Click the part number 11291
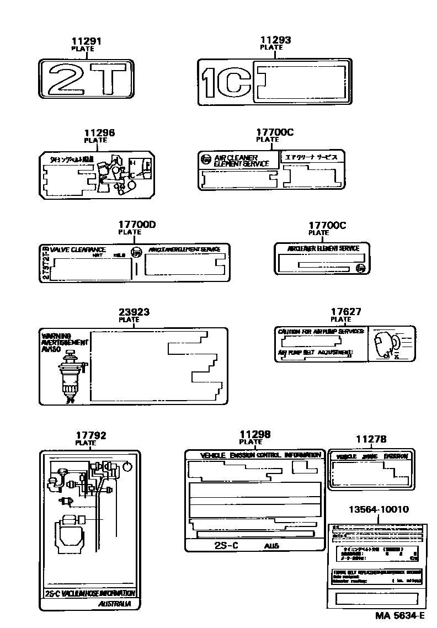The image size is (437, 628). click(87, 41)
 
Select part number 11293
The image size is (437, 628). click(275, 40)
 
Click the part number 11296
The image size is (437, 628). click(99, 133)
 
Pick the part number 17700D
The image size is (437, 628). click(137, 225)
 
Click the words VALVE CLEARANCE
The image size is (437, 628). click(78, 250)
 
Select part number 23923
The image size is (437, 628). click(135, 312)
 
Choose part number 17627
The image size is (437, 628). click(345, 312)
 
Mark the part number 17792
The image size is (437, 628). click(91, 435)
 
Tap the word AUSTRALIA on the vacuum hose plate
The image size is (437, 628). click(115, 604)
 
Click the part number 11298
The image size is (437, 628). click(255, 434)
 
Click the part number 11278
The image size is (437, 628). click(371, 439)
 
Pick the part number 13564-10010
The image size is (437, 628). click(379, 509)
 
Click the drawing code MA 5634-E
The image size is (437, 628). click(400, 616)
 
